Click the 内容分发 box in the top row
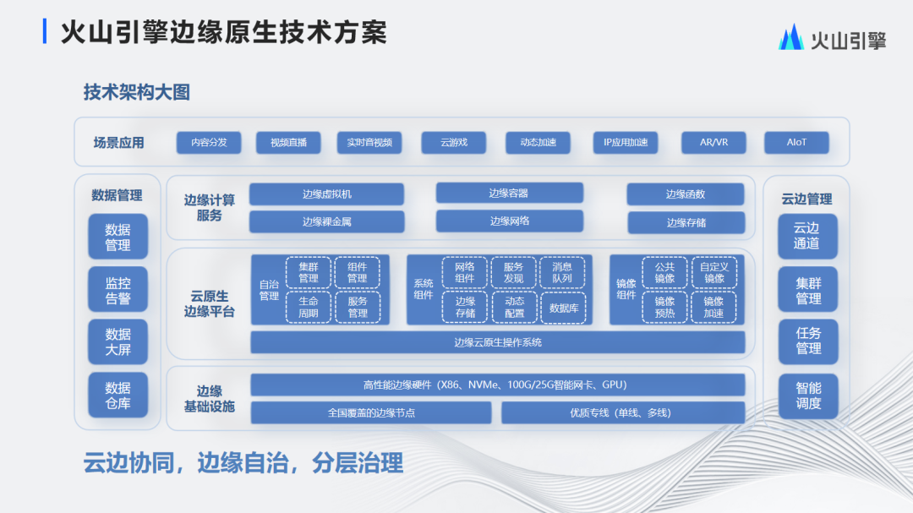(209, 143)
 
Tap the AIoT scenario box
(796, 143)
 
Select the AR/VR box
(713, 143)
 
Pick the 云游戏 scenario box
(454, 143)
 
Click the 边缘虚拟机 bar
(326, 194)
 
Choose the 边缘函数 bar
(686, 194)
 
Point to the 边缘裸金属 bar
(326, 222)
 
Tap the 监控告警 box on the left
(118, 289)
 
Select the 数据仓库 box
(118, 396)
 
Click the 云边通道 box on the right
(807, 237)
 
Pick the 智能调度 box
(807, 396)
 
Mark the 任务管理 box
(807, 341)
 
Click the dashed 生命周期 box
(309, 308)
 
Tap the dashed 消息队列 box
(562, 272)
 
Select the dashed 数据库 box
(563, 308)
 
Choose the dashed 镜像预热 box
(664, 308)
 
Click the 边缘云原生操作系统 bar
(498, 342)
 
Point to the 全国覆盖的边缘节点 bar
(371, 412)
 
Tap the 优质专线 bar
(623, 412)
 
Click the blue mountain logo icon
(790, 37)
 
